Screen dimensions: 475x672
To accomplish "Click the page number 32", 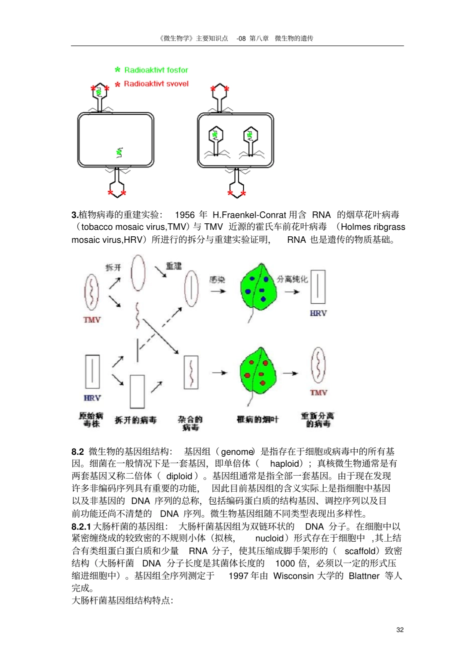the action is click(x=399, y=630).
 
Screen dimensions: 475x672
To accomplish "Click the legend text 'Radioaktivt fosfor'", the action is click(x=156, y=70).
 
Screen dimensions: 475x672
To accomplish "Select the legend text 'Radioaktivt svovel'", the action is click(x=156, y=84).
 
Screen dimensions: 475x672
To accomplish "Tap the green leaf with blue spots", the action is click(x=258, y=288).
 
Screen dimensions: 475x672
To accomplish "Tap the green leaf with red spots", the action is click(x=258, y=372).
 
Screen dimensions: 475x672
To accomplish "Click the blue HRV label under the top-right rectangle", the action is click(x=318, y=313).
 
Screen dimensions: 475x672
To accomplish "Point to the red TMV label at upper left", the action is click(x=92, y=320).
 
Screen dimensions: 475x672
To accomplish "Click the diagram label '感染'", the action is click(x=217, y=280).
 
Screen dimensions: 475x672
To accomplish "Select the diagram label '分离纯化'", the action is click(x=292, y=279).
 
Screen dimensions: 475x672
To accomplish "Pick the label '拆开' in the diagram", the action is click(x=113, y=267).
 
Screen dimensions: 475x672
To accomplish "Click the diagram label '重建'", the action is click(x=173, y=266).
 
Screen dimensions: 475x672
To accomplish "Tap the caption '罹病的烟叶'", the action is click(x=257, y=419).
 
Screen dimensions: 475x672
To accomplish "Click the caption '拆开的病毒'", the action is click(x=135, y=420).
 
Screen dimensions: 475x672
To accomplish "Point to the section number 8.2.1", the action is click(x=81, y=526).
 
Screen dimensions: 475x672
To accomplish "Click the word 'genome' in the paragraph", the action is click(x=237, y=452).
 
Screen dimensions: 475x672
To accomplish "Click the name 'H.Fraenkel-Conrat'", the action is click(x=249, y=215).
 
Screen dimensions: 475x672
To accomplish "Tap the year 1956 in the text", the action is click(x=184, y=215).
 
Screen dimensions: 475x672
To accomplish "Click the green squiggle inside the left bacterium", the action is click(x=119, y=152).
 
